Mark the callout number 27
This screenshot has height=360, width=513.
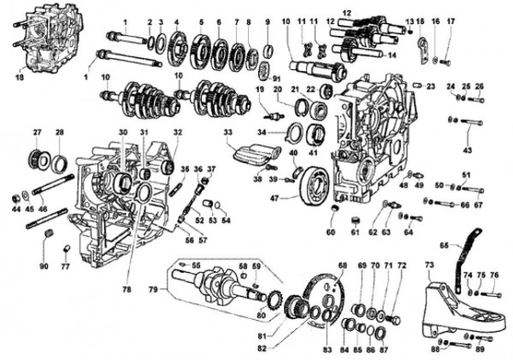click(37, 133)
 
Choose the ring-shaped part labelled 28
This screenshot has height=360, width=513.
click(61, 162)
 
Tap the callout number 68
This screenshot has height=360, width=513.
click(343, 265)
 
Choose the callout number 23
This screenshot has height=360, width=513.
click(431, 86)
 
